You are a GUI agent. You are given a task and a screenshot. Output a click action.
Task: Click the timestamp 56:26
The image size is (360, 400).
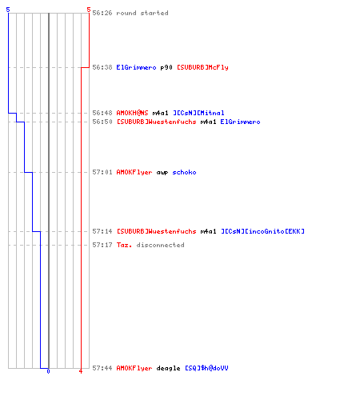point(102,13)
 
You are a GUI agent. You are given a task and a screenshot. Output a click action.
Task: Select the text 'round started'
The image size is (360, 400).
point(142,13)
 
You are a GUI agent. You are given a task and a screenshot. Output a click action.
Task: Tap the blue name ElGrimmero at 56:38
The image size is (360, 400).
point(136,67)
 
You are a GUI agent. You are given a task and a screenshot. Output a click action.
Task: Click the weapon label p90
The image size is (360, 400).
point(166,67)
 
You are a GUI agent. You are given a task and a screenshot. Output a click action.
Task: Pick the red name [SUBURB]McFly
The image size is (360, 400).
point(202,67)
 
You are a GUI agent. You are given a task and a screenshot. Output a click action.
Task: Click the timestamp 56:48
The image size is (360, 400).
point(102,113)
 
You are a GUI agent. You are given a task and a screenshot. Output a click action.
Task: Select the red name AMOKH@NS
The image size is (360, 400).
point(132,113)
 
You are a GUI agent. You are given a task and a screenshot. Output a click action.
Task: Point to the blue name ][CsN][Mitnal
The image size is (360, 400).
point(198,113)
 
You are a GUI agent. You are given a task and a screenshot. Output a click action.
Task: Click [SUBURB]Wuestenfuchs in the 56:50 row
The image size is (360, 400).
point(157,122)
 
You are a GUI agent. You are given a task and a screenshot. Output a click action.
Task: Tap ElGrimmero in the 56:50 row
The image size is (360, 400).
point(240,122)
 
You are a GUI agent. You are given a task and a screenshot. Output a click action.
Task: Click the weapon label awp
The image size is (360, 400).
point(162,173)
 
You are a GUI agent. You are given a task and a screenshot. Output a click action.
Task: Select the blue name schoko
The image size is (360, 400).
point(184,172)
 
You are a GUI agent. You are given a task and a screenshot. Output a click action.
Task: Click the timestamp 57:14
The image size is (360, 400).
point(102,231)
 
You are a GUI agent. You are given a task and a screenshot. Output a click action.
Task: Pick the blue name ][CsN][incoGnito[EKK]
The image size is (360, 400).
point(262,231)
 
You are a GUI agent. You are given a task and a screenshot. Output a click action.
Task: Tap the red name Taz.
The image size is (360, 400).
point(124,245)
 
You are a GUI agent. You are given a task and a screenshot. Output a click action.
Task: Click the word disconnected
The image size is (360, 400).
point(160,245)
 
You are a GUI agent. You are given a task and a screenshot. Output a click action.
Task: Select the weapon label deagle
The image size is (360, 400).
point(169,368)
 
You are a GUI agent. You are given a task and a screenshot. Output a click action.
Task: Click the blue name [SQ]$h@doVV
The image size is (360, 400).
point(206,368)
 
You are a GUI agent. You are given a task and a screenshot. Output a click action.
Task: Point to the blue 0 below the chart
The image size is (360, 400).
point(48,371)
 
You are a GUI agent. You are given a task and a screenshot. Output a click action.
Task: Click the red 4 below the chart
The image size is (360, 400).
point(81,371)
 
